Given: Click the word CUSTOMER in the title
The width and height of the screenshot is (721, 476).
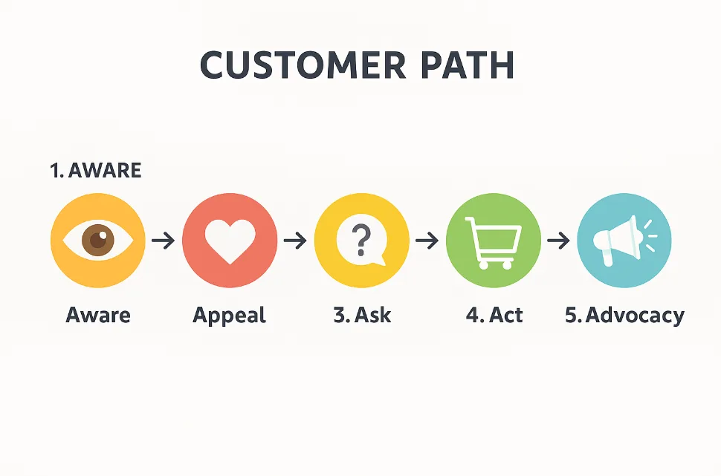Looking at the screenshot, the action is click(x=303, y=65).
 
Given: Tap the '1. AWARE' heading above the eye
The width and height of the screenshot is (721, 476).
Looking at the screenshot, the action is click(x=95, y=171).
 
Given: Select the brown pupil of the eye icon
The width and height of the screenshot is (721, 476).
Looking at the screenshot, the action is click(x=98, y=239).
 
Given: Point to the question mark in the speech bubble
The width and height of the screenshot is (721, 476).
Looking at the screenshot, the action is click(x=361, y=240).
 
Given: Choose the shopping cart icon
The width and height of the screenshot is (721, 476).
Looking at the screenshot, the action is click(x=493, y=243).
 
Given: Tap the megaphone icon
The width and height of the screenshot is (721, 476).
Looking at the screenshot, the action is click(x=624, y=241).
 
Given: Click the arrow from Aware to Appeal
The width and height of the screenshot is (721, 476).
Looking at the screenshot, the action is click(x=164, y=241).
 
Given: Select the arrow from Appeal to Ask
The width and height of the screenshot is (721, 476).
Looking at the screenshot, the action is click(x=295, y=241).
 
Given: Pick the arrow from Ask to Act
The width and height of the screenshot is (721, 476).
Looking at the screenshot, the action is click(x=427, y=241).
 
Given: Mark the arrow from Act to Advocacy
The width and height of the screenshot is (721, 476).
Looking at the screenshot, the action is click(x=558, y=241).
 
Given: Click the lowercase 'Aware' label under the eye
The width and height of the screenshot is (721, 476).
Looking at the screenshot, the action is click(x=98, y=315).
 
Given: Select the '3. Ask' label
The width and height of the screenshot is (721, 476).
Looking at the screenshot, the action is click(x=362, y=315).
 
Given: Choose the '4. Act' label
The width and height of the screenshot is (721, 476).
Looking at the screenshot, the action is click(x=494, y=315).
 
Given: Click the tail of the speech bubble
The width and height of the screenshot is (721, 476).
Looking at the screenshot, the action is click(x=378, y=262).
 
